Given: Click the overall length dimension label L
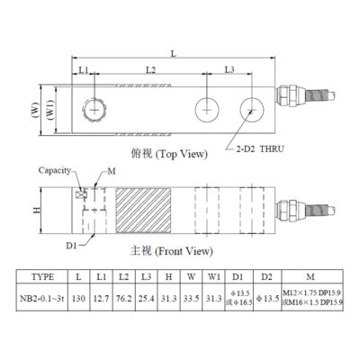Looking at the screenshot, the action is pyautogui.click(x=174, y=54).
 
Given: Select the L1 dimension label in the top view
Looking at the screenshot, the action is pyautogui.click(x=84, y=70).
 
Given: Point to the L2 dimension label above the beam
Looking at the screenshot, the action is pyautogui.click(x=150, y=70).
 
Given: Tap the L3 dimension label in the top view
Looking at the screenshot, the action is pyautogui.click(x=229, y=69).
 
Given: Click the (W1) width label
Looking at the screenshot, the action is pyautogui.click(x=50, y=110).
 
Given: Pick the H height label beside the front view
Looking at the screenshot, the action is pyautogui.click(x=37, y=210).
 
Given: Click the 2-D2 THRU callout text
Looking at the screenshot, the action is pyautogui.click(x=260, y=148).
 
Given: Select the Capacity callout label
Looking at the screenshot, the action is pyautogui.click(x=55, y=170).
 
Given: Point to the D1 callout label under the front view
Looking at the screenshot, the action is pyautogui.click(x=71, y=246).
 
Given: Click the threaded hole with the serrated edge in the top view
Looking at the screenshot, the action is pyautogui.click(x=94, y=110).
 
